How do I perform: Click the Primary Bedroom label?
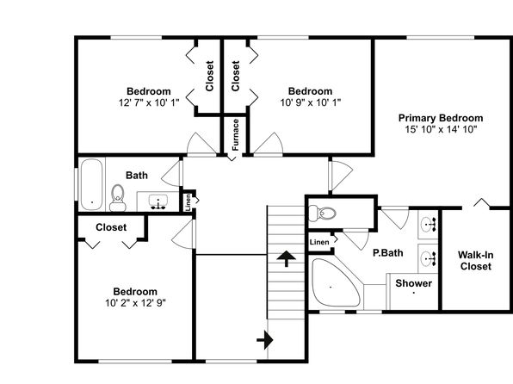pos(441,118)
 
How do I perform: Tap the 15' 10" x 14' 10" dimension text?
pos(441,129)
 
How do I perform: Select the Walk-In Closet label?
pos(475,261)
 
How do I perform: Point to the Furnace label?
pos(236,134)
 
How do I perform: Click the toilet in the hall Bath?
pos(117,198)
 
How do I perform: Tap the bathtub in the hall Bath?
pos(92,184)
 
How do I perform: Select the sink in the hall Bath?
pos(158,201)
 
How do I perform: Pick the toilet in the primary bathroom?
pos(323,214)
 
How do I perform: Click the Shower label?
pos(413,283)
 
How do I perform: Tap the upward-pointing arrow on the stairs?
pos(287,258)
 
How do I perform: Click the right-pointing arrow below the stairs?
pos(265,340)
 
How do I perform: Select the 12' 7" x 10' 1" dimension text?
pos(149,102)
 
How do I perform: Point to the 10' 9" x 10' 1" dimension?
pos(311,102)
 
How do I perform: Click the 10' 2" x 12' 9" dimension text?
pos(135,303)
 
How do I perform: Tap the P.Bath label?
pos(388,253)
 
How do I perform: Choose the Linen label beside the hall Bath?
pos(189,202)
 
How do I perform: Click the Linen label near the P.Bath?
pos(319,242)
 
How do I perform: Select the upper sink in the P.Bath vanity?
pos(429,225)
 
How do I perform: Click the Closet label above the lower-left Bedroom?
pos(111,227)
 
